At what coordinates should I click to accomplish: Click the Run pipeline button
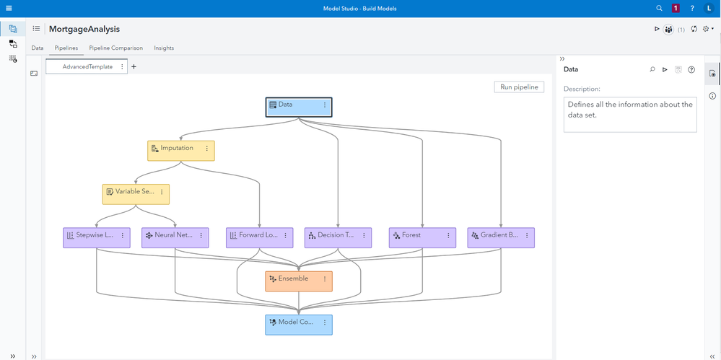tap(519, 87)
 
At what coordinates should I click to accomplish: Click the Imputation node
tap(177, 149)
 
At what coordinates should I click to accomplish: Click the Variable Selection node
tap(132, 192)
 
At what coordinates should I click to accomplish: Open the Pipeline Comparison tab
tap(115, 48)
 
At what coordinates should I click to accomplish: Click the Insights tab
tap(164, 48)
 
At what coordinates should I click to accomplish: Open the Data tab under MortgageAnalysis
tap(38, 48)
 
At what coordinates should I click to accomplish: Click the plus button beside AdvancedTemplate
tap(134, 66)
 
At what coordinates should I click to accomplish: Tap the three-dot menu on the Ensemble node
tap(325, 278)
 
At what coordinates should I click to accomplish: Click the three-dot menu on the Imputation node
tap(207, 149)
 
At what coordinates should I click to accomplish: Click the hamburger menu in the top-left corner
tap(8, 8)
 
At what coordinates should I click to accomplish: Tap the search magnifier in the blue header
tap(659, 8)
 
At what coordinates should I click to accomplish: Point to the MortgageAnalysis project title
tap(84, 29)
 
